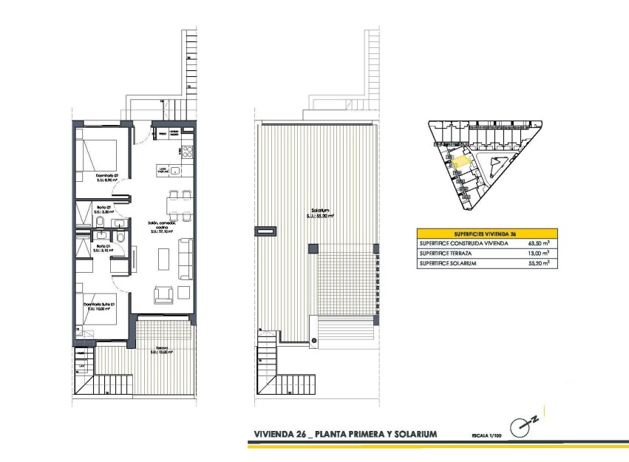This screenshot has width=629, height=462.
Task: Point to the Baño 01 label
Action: pos(102,247)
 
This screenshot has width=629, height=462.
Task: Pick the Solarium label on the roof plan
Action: pos(320,213)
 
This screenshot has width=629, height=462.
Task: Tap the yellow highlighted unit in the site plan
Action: pos(460,158)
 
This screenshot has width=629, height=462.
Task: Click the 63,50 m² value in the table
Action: pos(537,242)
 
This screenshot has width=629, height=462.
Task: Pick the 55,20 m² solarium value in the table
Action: pos(537,263)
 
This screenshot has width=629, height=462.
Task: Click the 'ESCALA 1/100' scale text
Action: pos(481,436)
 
